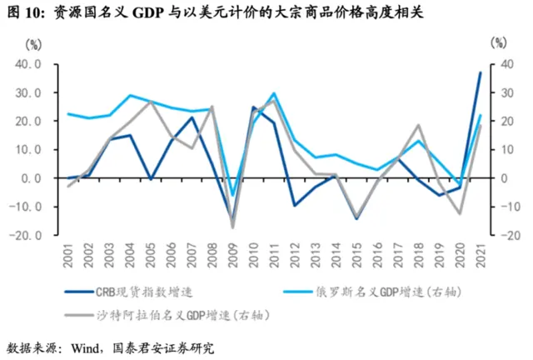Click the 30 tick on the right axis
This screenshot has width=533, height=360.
[498, 92]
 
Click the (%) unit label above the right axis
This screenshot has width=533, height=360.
[497, 42]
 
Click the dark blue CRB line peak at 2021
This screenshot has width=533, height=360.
[481, 72]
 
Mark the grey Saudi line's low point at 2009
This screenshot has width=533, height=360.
[233, 227]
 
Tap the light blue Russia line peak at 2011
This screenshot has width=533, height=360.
[274, 94]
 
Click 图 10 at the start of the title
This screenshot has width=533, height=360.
[24, 14]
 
